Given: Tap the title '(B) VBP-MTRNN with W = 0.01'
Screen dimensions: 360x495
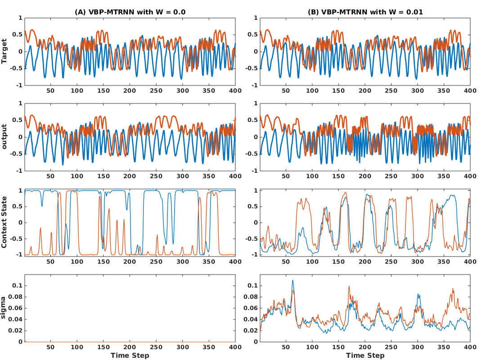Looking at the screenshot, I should pos(365,12).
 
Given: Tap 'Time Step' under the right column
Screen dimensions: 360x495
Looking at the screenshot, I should pos(365,355).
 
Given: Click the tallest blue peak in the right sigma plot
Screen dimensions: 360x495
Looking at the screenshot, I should pos(292,281).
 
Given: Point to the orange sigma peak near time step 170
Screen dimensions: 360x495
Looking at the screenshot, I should pos(348,287).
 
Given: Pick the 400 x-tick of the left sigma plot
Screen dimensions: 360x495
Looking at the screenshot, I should pos(235,347).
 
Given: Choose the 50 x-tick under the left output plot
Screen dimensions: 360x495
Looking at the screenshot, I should pos(50,176).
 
